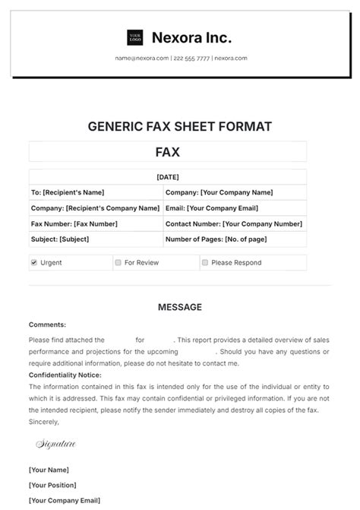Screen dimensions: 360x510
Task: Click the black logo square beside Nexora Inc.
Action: click(x=135, y=37)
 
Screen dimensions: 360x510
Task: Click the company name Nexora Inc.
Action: click(x=191, y=37)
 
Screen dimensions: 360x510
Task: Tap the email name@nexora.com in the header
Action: click(x=142, y=59)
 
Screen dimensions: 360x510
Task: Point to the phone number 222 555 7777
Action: click(x=191, y=59)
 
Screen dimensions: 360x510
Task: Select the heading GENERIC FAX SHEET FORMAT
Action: click(x=180, y=126)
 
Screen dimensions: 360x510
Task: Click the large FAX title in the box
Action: click(x=167, y=152)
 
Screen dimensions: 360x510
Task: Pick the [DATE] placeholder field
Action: click(x=167, y=177)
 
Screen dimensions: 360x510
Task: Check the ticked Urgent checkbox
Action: click(x=34, y=262)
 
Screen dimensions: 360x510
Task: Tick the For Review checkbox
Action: click(x=118, y=262)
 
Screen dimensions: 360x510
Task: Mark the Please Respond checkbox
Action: click(x=205, y=262)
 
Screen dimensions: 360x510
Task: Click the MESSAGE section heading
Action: click(x=180, y=307)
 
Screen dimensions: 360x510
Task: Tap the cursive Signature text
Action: click(x=55, y=442)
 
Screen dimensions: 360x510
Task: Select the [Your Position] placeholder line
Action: click(x=52, y=484)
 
